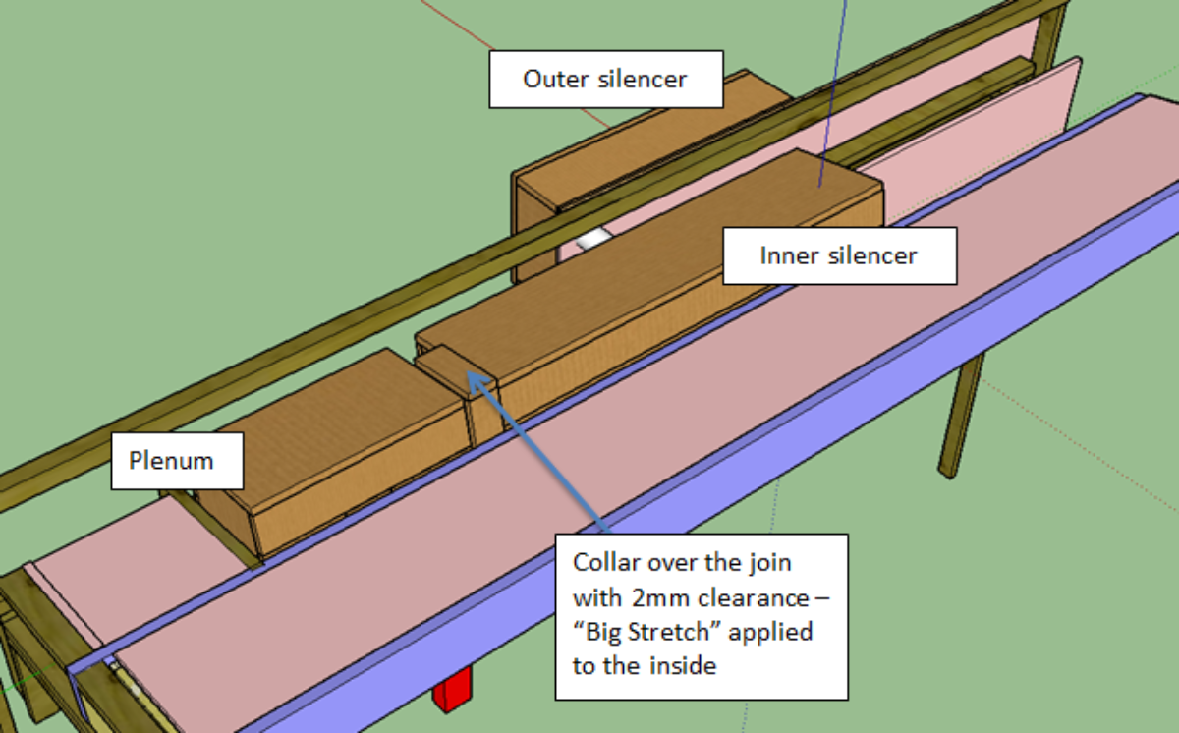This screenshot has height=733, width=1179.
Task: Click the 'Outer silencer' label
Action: tap(605, 80)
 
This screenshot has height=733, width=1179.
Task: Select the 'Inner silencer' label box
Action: tap(838, 256)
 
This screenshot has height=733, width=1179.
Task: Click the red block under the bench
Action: tap(453, 691)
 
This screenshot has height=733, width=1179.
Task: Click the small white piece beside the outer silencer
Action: tap(593, 239)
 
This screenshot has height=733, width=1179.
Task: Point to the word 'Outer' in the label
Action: tap(556, 80)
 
